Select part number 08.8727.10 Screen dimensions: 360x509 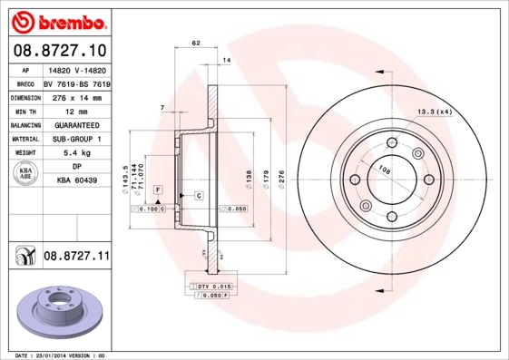point(59,49)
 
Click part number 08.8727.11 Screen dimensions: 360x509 point(76,258)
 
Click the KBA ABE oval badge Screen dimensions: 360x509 point(25,174)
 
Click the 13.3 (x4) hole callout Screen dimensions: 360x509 point(435,112)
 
